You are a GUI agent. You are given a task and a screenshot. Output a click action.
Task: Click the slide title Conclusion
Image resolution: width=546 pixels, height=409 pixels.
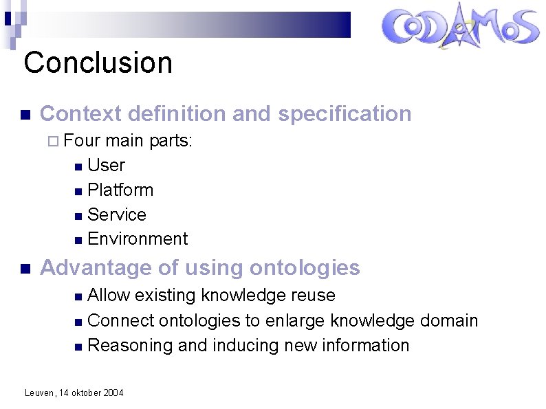[x=98, y=63]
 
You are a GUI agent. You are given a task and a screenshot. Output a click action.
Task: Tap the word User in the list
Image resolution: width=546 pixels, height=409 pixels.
[x=107, y=166]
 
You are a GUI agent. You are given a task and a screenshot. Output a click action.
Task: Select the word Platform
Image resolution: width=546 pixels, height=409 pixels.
[x=120, y=190]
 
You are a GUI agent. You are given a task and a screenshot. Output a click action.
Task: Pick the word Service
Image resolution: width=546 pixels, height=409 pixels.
[x=117, y=215]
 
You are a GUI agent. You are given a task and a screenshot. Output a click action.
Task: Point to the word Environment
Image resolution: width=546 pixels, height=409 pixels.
[x=138, y=239]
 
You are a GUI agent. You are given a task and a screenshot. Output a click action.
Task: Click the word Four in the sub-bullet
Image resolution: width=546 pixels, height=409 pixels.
[x=82, y=141]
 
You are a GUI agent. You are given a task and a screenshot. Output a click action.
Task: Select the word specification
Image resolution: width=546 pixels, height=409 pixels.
[x=345, y=114]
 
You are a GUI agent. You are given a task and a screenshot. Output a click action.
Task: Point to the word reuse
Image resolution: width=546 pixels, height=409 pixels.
[x=313, y=296]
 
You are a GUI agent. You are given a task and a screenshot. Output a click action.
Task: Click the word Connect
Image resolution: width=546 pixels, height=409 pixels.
[x=121, y=320]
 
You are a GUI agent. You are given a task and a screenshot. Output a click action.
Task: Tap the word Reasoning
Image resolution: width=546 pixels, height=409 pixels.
[x=131, y=345]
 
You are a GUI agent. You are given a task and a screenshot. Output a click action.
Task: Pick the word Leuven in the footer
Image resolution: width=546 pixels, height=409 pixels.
[x=39, y=393]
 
